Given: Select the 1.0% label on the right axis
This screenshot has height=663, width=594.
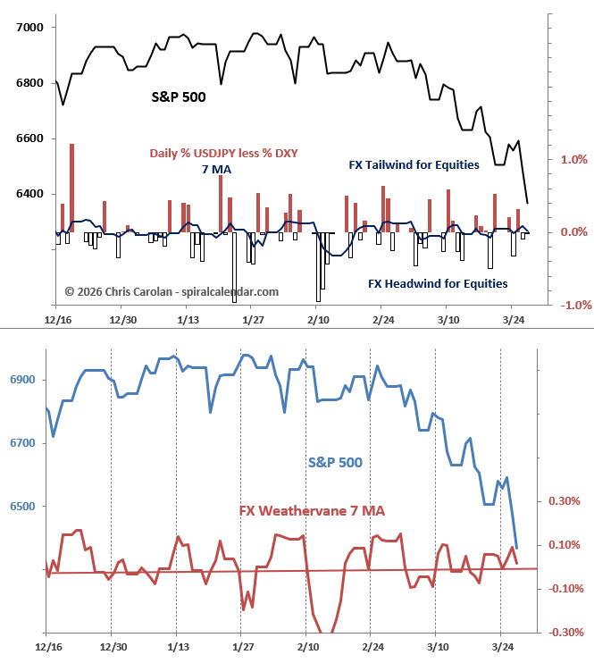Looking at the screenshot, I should pyautogui.click(x=573, y=159).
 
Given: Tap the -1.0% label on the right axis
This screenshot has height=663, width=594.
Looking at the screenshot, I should pyautogui.click(x=571, y=305).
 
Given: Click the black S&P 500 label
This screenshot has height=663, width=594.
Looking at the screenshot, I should pyautogui.click(x=178, y=97).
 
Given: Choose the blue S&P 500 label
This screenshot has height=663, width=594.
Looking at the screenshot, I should pyautogui.click(x=335, y=462).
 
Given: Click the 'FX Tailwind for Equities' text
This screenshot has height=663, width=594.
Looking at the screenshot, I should pyautogui.click(x=414, y=164).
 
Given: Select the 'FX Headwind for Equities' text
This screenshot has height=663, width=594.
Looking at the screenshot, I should pyautogui.click(x=438, y=284).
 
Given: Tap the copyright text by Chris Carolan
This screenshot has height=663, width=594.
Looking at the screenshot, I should pyautogui.click(x=172, y=291).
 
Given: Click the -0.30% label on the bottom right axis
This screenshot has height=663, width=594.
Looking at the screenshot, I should pyautogui.click(x=566, y=633).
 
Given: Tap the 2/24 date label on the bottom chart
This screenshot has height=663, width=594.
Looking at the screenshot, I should pyautogui.click(x=372, y=646).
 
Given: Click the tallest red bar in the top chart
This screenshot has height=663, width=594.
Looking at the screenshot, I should pyautogui.click(x=71, y=188).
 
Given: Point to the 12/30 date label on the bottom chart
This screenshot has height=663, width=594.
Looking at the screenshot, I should pyautogui.click(x=112, y=646).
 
